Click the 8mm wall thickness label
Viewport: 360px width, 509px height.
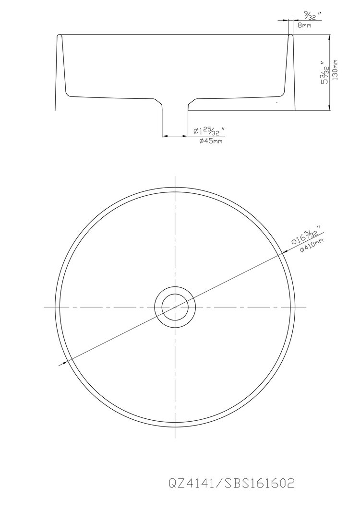click(x=304, y=25)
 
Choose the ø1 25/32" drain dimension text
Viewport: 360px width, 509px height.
click(x=209, y=131)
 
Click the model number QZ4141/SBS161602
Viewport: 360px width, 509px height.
click(x=231, y=483)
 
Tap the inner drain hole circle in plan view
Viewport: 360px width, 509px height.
click(x=175, y=307)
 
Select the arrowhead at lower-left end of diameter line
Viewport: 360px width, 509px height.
click(x=61, y=365)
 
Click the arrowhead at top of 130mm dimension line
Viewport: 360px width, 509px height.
click(x=329, y=37)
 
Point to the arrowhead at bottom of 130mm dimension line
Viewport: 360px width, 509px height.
click(x=329, y=107)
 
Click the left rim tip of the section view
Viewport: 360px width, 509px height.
click(x=59, y=36)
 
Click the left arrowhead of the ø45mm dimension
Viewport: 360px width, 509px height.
click(x=165, y=136)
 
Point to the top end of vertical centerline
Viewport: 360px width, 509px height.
click(x=175, y=175)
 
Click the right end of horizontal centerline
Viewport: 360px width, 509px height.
click(x=306, y=307)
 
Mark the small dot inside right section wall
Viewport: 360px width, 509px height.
click(x=277, y=103)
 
